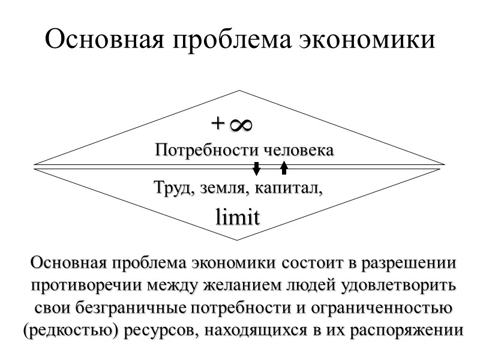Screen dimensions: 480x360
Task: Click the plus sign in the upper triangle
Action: coord(217,124)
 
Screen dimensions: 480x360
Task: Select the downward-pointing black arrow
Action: coord(256,169)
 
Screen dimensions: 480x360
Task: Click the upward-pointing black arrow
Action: coord(284,168)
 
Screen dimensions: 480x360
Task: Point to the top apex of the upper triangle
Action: coord(239,91)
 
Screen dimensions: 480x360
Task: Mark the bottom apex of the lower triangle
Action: coord(239,240)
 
